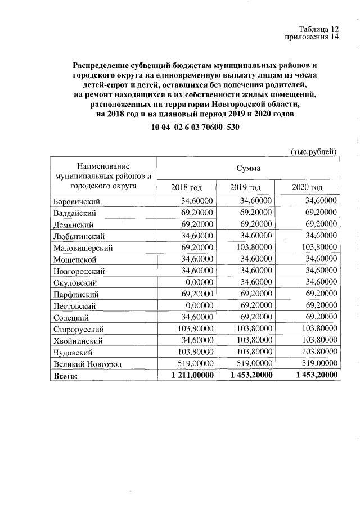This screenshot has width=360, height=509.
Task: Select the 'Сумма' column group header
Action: (x=248, y=168)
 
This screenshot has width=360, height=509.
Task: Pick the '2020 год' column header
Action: (x=308, y=187)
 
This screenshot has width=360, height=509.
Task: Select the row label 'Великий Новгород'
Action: (x=87, y=364)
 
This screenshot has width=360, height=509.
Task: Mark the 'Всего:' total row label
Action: (x=66, y=376)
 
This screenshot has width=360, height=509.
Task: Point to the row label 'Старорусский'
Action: (x=79, y=329)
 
